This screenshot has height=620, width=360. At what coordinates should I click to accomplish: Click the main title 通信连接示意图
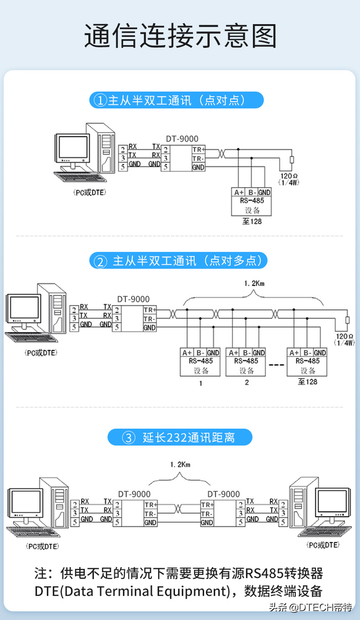pyautogui.click(x=180, y=37)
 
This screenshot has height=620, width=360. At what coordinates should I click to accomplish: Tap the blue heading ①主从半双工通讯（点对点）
pyautogui.click(x=176, y=101)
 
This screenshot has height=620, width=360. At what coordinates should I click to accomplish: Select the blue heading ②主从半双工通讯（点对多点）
pyautogui.click(x=179, y=261)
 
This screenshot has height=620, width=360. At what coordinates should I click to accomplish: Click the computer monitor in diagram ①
pyautogui.click(x=73, y=148)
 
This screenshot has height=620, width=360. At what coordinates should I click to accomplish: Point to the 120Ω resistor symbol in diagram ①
pyautogui.click(x=291, y=161)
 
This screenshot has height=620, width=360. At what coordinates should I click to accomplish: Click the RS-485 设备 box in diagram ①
pyautogui.click(x=251, y=202)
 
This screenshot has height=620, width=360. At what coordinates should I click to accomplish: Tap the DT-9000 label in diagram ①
pyautogui.click(x=182, y=139)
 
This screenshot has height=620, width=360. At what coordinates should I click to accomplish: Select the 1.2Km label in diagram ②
pyautogui.click(x=254, y=283)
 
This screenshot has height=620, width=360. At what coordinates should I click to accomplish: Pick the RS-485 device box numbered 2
pyautogui.click(x=246, y=362)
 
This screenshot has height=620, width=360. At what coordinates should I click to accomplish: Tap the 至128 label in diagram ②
pyautogui.click(x=308, y=382)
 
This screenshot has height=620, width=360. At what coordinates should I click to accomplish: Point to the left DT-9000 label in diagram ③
pyautogui.click(x=134, y=494)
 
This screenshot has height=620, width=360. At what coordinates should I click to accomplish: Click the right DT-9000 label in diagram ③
pyautogui.click(x=223, y=494)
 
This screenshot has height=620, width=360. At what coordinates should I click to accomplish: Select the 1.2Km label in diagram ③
pyautogui.click(x=180, y=465)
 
